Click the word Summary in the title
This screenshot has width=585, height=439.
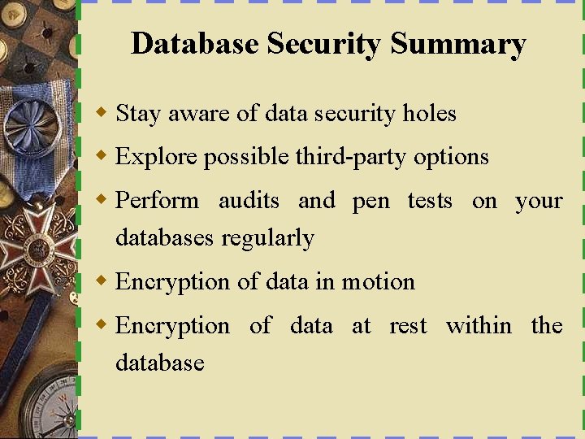(x=457, y=44)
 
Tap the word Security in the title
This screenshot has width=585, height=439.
(x=325, y=44)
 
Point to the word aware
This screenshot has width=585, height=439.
(x=199, y=113)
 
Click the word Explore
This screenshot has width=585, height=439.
(x=157, y=156)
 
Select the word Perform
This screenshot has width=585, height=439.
(x=158, y=200)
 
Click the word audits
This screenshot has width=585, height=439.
(x=249, y=200)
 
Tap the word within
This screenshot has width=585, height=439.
(x=479, y=325)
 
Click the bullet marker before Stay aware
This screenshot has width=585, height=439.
(x=102, y=112)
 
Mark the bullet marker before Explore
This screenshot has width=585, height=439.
(x=102, y=155)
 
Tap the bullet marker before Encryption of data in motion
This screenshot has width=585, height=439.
(x=102, y=280)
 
